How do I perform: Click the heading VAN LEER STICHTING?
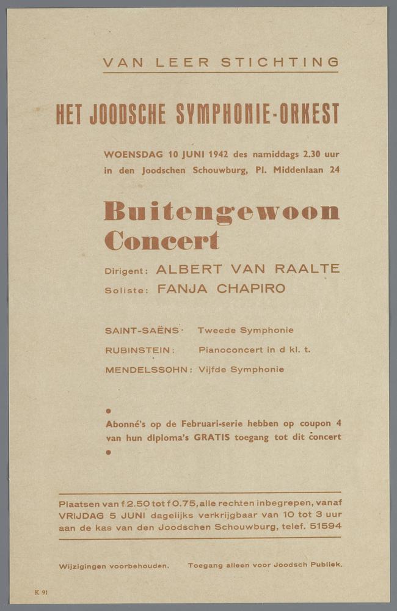[220, 62]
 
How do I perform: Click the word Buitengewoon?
[221, 211]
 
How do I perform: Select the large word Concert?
[161, 240]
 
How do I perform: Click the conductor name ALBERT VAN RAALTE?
[247, 269]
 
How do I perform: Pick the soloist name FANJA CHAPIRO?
[221, 289]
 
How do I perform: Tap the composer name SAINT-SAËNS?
[142, 331]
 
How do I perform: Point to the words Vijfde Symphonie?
[241, 370]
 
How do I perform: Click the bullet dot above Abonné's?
[108, 411]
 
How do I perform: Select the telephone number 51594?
[326, 527]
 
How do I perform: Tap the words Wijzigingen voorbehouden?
[114, 566]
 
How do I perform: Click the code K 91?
[42, 592]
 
